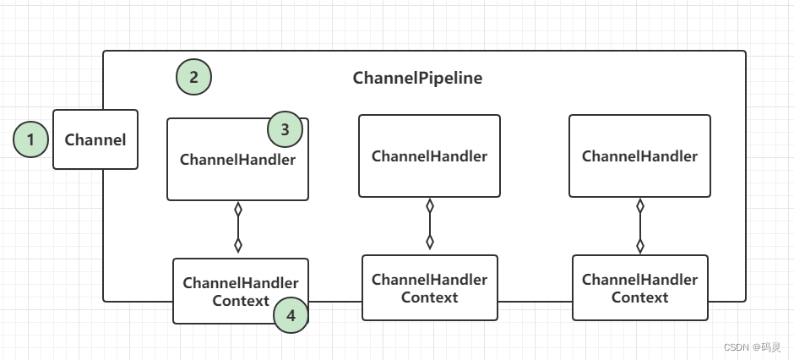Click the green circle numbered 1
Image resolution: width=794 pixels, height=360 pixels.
[31, 139]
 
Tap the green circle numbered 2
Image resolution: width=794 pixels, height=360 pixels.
[193, 78]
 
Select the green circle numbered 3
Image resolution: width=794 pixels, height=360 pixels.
[286, 130]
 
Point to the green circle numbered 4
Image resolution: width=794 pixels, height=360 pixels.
[291, 316]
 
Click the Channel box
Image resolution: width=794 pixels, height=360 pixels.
[95, 139]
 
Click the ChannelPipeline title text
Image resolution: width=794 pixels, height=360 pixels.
[417, 79]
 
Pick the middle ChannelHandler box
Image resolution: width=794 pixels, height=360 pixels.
[429, 156]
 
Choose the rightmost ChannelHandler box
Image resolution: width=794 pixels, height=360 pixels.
[639, 156]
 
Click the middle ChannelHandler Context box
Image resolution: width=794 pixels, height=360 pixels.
[429, 288]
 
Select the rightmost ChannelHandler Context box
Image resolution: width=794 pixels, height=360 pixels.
[639, 288]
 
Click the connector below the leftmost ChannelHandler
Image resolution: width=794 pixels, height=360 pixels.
[238, 226]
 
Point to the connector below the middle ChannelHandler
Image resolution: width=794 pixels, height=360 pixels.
[430, 224]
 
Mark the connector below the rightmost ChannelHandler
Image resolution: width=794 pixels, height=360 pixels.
[640, 225]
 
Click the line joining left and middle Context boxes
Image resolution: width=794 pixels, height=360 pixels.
[335, 301]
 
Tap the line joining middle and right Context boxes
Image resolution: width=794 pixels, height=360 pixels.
[535, 301]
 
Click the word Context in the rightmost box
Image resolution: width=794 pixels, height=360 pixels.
[639, 297]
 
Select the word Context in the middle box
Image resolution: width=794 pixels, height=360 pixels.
[429, 297]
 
